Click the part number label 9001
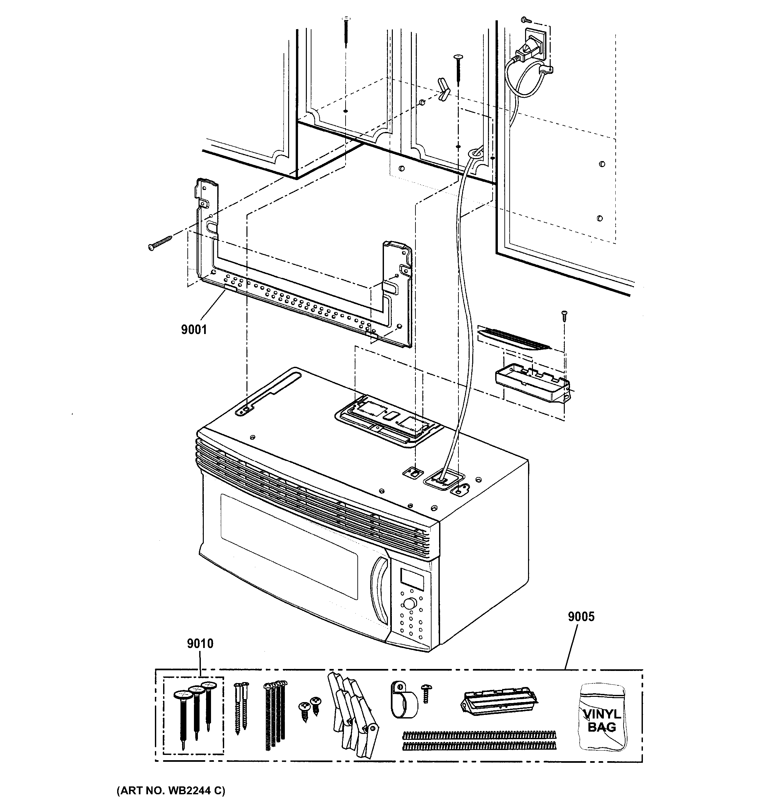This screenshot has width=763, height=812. tap(194, 330)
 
